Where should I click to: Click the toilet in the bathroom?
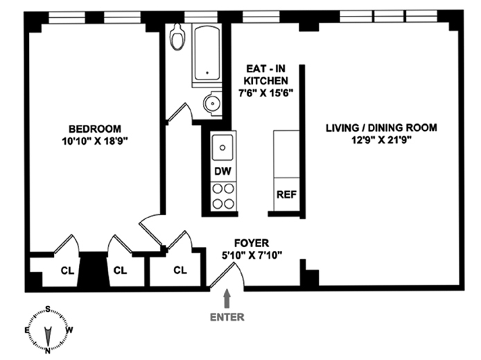click(178, 37)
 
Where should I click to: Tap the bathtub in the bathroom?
click(207, 54)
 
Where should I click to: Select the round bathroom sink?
click(212, 103)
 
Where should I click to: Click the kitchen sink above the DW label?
click(222, 147)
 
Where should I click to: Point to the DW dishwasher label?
click(222, 171)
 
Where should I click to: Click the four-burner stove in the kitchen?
click(223, 196)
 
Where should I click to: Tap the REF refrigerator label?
click(286, 195)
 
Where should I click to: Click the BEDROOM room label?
click(95, 128)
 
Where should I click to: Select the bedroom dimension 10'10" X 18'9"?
click(95, 142)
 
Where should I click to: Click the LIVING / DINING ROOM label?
click(381, 128)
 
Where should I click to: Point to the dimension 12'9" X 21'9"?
click(381, 140)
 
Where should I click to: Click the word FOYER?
click(252, 243)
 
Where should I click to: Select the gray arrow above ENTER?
click(227, 298)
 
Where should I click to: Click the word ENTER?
click(227, 317)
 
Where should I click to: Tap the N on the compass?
click(48, 350)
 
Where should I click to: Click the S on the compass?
click(48, 309)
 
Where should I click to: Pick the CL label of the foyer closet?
click(180, 270)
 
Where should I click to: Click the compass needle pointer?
click(48, 336)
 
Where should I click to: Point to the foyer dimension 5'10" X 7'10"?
click(252, 255)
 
